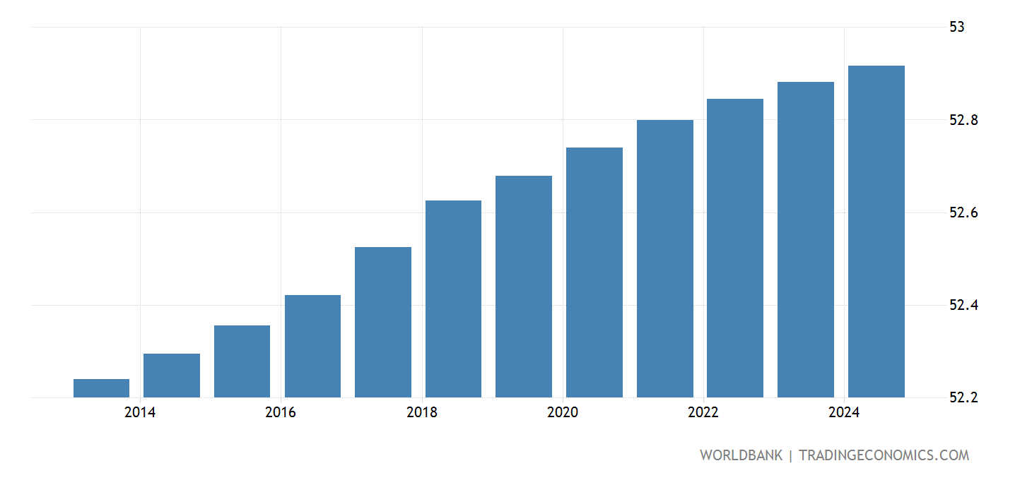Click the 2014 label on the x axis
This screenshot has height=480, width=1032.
click(140, 413)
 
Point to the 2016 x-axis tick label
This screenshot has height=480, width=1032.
click(281, 413)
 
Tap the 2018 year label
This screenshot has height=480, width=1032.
click(422, 413)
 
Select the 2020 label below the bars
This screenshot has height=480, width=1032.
click(563, 413)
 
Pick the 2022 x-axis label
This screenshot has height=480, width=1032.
click(703, 413)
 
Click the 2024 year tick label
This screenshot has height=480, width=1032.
click(844, 413)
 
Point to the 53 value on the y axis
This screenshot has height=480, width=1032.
click(957, 28)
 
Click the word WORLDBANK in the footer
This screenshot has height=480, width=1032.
click(741, 455)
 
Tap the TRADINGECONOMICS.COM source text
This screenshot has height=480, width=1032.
click(884, 455)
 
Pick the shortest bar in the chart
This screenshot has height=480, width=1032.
click(101, 388)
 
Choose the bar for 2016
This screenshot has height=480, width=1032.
click(312, 346)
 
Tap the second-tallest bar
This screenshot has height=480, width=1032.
click(805, 239)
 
